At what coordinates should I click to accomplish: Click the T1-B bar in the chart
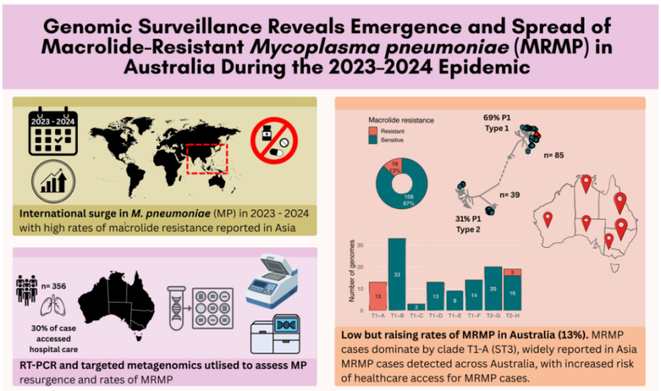(397, 274)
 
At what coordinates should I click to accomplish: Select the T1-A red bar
(378, 296)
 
